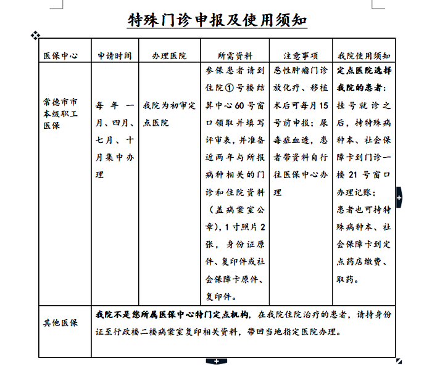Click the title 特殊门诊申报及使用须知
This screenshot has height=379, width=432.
(216, 20)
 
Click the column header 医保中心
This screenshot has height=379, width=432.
(60, 55)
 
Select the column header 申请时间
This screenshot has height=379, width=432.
(115, 55)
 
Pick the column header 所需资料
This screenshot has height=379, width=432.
(235, 55)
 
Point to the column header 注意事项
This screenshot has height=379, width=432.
(301, 55)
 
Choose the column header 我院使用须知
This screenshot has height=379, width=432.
(363, 55)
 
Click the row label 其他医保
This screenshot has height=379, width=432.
(60, 323)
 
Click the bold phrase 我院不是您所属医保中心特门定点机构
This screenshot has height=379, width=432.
(172, 314)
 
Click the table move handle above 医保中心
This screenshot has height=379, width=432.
(35, 36)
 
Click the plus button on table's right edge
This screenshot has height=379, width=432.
(399, 197)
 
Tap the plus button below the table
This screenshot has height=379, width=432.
(216, 360)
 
